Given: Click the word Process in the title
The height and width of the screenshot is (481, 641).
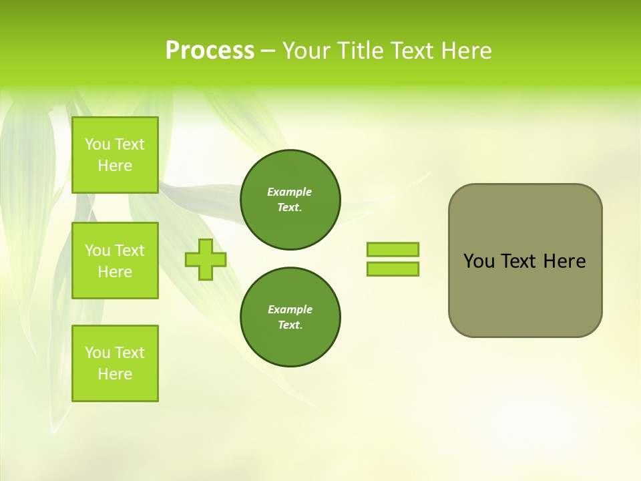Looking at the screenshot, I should pos(210,51).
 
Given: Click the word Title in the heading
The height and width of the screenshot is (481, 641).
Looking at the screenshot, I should pos(361,51).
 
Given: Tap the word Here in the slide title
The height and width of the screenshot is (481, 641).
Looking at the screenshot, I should pos(465,51).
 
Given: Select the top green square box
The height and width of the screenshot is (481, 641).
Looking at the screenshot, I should pos(115,155).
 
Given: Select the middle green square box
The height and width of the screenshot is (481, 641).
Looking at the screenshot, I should pos(115,261).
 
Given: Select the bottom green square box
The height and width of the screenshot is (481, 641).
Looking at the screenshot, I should pos(115,363).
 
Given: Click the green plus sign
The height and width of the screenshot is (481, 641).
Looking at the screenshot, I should pos(206,259).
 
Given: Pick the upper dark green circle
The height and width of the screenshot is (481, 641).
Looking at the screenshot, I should pos(290,200).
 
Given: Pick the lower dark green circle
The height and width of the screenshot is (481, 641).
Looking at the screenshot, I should pos(290,317).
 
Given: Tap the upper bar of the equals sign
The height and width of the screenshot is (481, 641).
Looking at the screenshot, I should pos(393,250).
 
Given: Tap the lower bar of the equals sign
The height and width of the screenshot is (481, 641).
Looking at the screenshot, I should pos(393,269).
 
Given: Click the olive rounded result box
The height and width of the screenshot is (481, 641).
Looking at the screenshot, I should pos(525,294).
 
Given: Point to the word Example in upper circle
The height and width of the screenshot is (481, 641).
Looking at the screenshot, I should pos(290,192).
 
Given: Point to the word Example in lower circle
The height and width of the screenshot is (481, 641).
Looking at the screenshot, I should pos(290,309).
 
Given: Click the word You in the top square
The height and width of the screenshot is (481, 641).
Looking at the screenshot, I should pos(97,144).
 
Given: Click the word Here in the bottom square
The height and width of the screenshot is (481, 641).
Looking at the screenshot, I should pos(115,374).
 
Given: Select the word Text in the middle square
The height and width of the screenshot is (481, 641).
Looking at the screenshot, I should pos(130,251).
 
